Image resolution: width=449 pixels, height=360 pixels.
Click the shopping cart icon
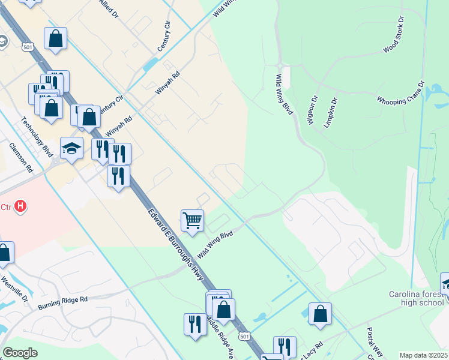click(x=192, y=220)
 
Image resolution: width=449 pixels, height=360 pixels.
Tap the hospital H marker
click(x=21, y=207)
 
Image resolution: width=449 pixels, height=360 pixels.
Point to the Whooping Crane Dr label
click(x=401, y=92)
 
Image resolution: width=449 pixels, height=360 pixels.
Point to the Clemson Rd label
click(x=20, y=157)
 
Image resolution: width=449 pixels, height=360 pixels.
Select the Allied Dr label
click(x=107, y=8)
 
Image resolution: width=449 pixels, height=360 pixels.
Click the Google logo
click(x=20, y=353)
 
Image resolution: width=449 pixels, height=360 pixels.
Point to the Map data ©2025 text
click(x=423, y=355)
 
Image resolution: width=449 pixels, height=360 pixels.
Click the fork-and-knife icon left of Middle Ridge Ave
click(x=195, y=324)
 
